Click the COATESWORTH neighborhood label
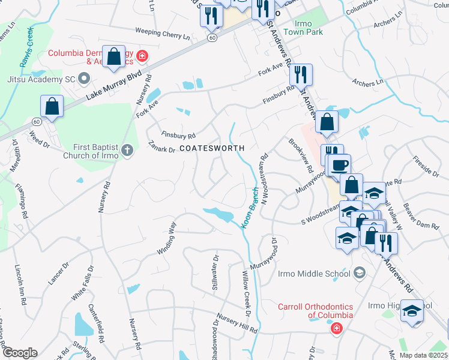[x=212, y=148]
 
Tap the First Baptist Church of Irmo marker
[x=127, y=150]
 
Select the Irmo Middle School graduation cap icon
[x=359, y=274]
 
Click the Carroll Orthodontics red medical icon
[x=337, y=328]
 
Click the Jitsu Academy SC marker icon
[x=83, y=79]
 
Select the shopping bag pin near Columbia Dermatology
[x=113, y=58]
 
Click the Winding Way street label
[x=167, y=238]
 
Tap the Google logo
[x=19, y=353]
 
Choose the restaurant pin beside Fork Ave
[x=301, y=75]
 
